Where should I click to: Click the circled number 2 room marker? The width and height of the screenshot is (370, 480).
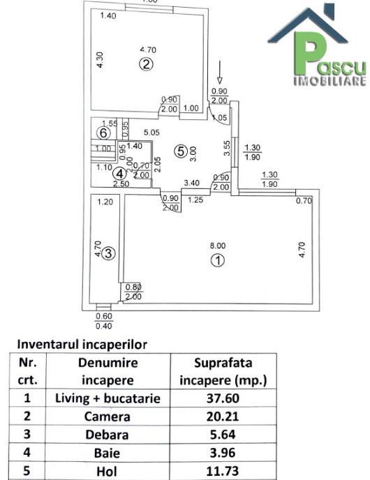(x=146, y=64)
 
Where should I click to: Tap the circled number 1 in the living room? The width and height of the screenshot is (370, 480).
(x=218, y=260)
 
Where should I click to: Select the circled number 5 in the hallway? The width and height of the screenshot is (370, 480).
(x=180, y=151)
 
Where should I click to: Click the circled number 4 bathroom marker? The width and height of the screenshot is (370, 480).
(x=119, y=174)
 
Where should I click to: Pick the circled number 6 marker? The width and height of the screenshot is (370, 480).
(x=103, y=133)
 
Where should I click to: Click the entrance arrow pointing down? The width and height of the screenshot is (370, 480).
(x=219, y=72)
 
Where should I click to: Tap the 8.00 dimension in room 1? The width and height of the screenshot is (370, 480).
(x=218, y=246)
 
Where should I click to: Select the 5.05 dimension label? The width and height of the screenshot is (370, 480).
(x=151, y=133)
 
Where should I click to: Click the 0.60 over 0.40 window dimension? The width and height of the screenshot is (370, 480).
(x=104, y=321)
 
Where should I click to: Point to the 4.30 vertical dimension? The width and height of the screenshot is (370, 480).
(x=100, y=60)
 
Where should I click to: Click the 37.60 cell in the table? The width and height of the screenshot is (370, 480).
(x=223, y=398)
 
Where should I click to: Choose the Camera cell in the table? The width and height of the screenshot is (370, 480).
(x=108, y=417)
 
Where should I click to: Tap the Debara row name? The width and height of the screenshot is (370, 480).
(x=107, y=435)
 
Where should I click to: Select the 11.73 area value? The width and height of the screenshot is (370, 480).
(x=223, y=471)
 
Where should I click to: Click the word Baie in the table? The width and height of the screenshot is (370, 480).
(x=107, y=453)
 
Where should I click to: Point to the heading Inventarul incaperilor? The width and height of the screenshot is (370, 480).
(x=82, y=344)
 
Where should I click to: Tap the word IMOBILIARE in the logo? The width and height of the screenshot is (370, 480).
(x=330, y=81)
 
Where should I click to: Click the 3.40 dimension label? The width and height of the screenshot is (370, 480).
(x=191, y=183)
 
